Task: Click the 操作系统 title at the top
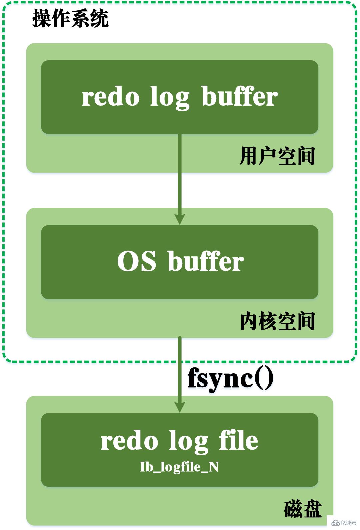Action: click(x=70, y=18)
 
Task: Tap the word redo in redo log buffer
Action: click(x=110, y=97)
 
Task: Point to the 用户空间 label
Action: click(x=277, y=156)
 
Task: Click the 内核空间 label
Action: click(x=277, y=321)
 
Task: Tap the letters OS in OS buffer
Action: click(x=137, y=261)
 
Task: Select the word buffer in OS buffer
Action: click(x=206, y=261)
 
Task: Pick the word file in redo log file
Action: click(x=239, y=441)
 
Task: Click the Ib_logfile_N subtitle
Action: click(x=179, y=467)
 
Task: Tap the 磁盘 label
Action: click(x=303, y=509)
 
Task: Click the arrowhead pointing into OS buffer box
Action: click(x=180, y=219)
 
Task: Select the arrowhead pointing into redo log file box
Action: click(x=180, y=407)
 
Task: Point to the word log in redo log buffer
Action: click(x=170, y=98)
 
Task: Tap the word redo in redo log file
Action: click(x=129, y=441)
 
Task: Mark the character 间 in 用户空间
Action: click(x=306, y=156)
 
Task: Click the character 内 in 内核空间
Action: click(x=249, y=321)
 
